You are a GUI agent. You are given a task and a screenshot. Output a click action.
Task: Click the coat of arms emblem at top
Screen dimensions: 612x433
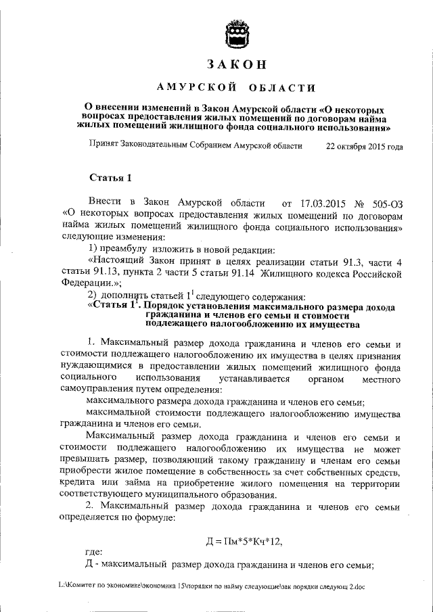pos(235,34)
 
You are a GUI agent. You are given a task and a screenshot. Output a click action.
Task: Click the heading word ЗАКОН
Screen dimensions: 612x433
pos(235,66)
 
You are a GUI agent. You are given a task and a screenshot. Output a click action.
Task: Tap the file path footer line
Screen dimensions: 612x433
pos(212,587)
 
